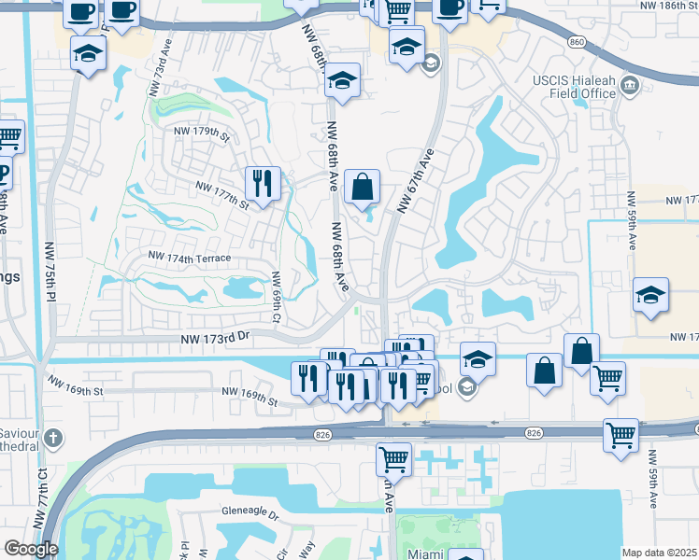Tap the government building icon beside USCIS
tap(630, 87)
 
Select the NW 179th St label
tap(202, 133)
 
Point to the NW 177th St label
tap(222, 194)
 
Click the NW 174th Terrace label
tap(190, 256)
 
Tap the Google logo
tap(31, 549)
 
